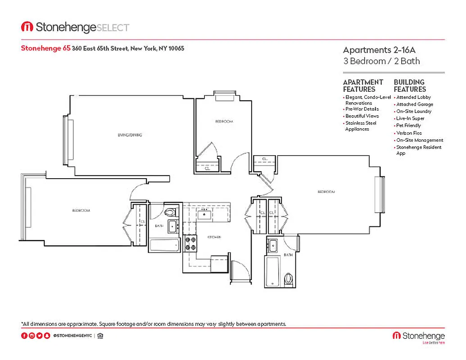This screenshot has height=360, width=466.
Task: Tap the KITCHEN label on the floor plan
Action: point(213,237)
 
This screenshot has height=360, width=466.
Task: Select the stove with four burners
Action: point(190,243)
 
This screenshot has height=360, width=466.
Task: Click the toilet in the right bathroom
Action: point(289,279)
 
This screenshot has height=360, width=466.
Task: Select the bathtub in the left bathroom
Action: point(164,246)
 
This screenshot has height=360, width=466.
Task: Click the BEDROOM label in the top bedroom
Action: point(224,121)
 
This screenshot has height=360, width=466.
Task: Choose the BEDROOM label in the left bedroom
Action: point(81,211)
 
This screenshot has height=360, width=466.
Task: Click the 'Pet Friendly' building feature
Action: point(408,126)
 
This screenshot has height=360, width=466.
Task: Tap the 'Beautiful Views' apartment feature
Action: point(362,116)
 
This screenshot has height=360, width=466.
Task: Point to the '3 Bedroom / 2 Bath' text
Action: point(381,61)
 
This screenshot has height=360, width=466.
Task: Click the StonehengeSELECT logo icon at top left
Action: point(27,27)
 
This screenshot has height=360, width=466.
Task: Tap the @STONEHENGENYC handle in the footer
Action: point(72,336)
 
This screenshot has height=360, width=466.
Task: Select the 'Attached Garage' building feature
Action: point(414,104)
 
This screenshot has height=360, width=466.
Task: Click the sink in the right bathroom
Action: point(273,246)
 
